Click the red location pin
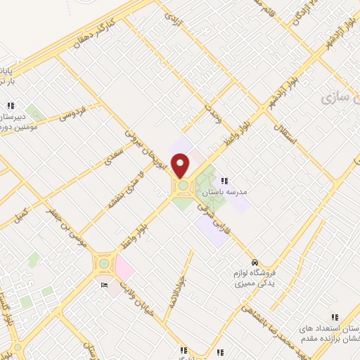[x=181, y=165]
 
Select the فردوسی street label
[x=72, y=112]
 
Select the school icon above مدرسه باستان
[x=224, y=181]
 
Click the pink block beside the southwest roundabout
[x=124, y=266]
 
